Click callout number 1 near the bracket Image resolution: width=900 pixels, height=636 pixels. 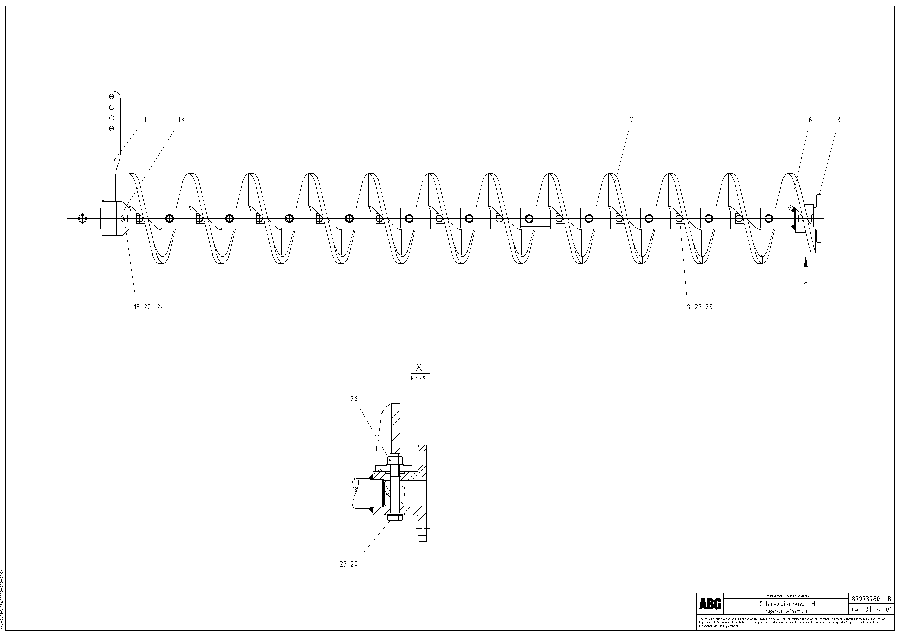[x=145, y=120]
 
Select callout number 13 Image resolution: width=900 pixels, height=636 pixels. [x=181, y=120]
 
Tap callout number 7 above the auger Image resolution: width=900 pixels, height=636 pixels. [x=631, y=120]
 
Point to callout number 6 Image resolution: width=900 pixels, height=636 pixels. [x=810, y=120]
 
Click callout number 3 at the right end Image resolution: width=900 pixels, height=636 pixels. [x=838, y=120]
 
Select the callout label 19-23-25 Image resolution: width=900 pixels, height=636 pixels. [x=698, y=307]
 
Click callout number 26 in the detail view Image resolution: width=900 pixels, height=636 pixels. [x=354, y=399]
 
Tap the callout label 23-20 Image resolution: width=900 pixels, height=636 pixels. [x=348, y=564]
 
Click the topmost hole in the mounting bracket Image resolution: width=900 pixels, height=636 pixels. [x=111, y=96]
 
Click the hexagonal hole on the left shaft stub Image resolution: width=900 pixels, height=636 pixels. [x=82, y=218]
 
